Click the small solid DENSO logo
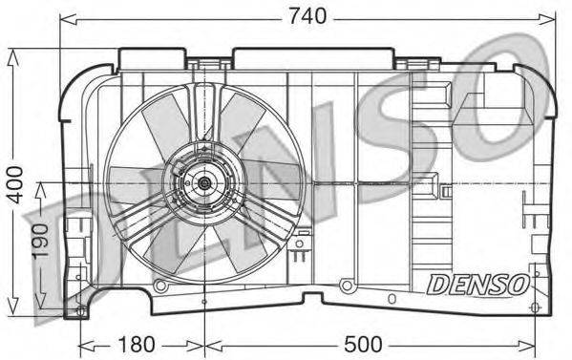(477, 285)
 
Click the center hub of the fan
(204, 181)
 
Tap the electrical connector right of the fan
(303, 246)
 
